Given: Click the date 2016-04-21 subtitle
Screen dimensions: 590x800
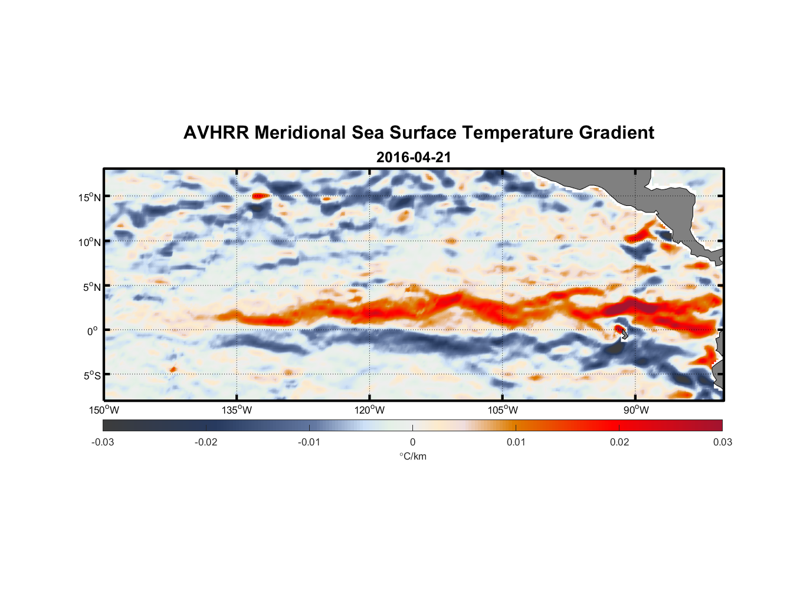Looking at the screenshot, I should point(413,158).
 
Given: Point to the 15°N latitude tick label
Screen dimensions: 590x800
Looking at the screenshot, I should point(89,197).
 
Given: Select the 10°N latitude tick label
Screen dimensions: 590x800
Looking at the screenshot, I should point(89,242).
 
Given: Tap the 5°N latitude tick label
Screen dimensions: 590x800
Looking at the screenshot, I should point(91,287).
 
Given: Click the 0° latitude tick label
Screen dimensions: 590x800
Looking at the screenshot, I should point(93,331).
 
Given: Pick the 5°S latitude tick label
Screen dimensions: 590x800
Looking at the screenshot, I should point(91,375).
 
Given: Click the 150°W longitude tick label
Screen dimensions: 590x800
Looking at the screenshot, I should point(104,410).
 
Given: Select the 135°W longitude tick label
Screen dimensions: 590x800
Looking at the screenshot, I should point(237,410).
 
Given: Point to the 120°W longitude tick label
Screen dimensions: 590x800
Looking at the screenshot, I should point(370,410).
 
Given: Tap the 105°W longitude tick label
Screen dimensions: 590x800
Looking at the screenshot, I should point(503,410).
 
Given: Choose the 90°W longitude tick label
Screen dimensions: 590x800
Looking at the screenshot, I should point(636,410).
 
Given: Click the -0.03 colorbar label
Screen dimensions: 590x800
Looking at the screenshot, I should point(103,442).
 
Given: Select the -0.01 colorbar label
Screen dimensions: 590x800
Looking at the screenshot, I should point(309,442).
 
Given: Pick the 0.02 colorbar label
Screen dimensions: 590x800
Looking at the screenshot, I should point(619,442).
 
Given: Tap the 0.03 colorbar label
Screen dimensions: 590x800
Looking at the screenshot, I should point(722,442).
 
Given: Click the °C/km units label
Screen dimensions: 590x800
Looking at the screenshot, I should point(412,456).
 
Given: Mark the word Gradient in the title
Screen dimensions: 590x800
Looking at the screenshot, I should point(616,133).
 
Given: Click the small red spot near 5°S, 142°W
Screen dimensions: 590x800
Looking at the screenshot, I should point(173,369).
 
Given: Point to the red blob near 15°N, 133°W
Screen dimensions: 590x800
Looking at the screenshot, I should point(258,196).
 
